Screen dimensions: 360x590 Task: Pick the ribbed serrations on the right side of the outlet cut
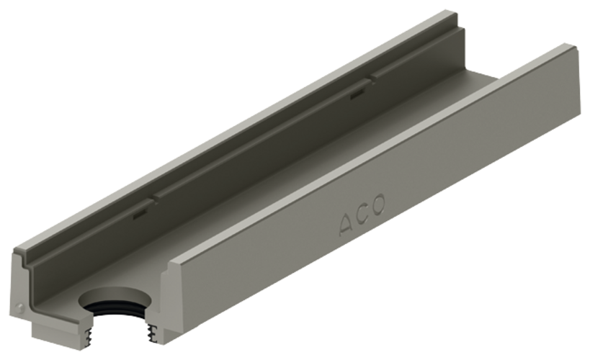click(x=153, y=331)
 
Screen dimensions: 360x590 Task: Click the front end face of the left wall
click(x=29, y=288)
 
